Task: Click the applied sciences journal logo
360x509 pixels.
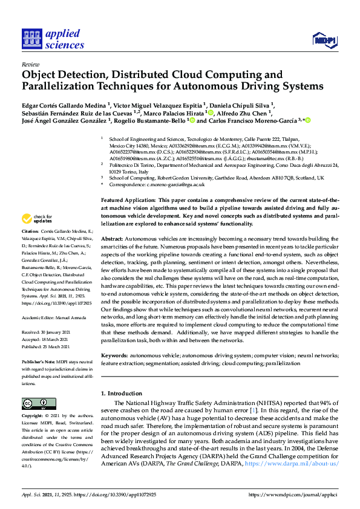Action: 53,39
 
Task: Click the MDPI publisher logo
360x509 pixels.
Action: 324,41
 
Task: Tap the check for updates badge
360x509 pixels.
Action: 38,219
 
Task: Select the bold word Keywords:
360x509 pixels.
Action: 117,357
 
